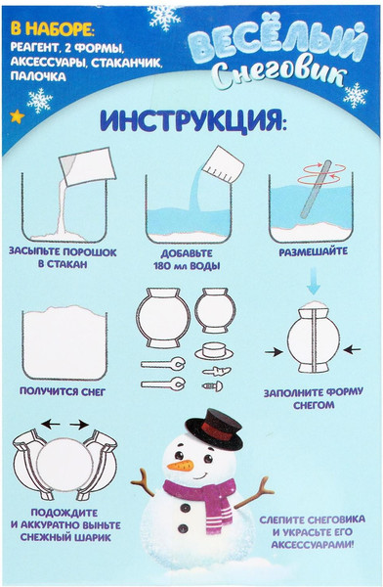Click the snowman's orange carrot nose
pos(181,466)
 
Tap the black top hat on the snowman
pos(215,429)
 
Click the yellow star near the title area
pos(17,116)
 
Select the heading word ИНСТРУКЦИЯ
pos(193,119)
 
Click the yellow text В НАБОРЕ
pos(53,30)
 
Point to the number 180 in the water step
pos(163,266)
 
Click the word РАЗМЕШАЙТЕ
pos(314,251)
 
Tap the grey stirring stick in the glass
pos(316,189)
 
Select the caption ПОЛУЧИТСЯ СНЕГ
pos(63,392)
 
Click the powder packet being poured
pos(86,166)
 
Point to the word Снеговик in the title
pos(279,73)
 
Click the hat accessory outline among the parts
pos(214,350)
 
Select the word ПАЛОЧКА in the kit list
pos(38,76)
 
